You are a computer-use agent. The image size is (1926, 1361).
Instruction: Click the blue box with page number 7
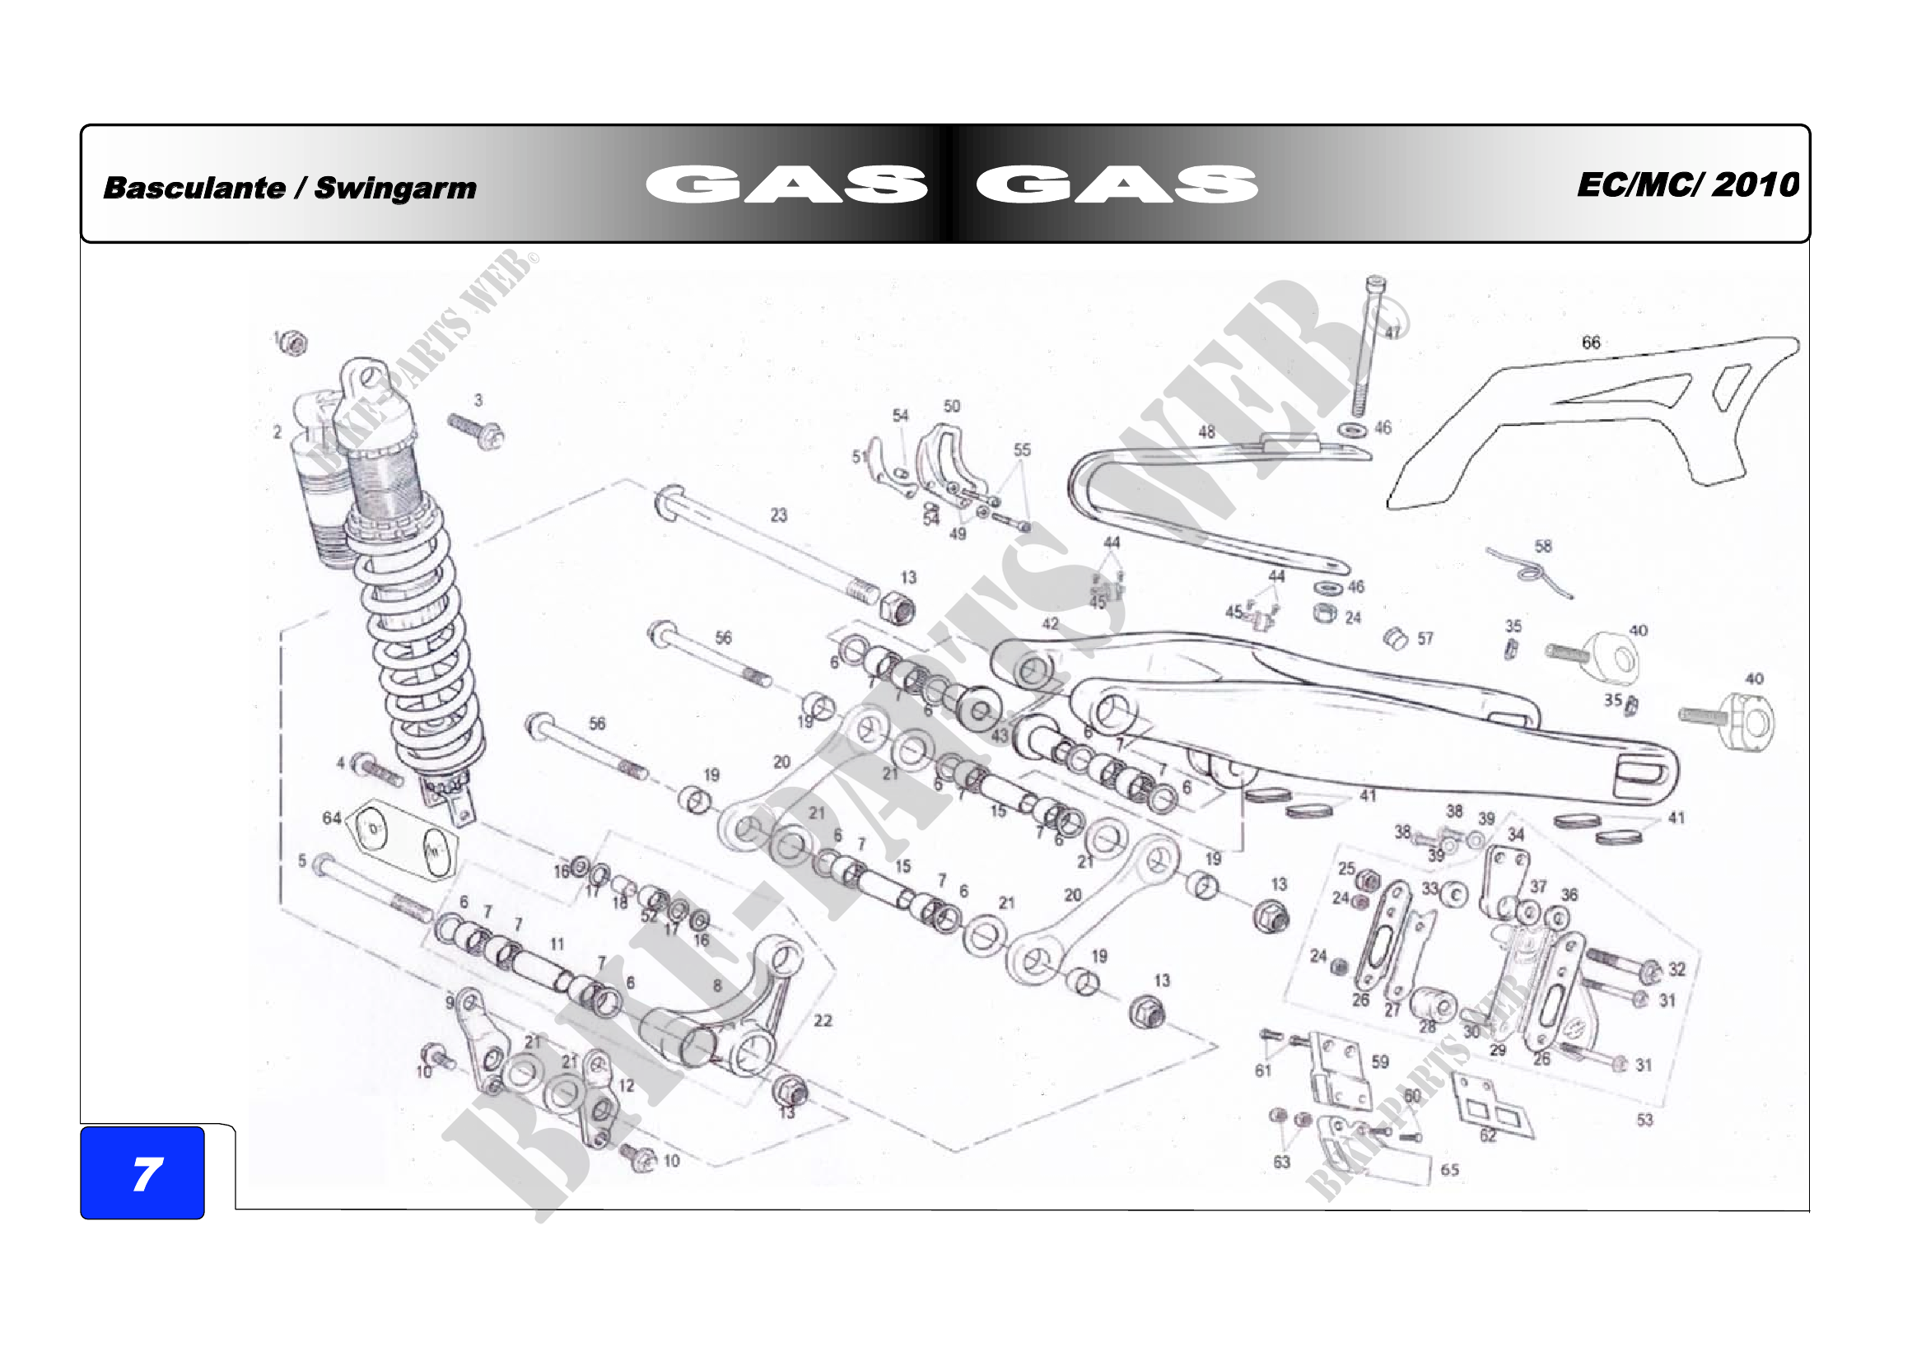[x=142, y=1172]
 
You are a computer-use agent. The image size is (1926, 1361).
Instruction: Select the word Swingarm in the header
[x=395, y=188]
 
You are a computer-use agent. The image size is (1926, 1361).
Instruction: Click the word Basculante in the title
[x=194, y=187]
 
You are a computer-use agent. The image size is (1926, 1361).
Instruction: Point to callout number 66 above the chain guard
[x=1591, y=343]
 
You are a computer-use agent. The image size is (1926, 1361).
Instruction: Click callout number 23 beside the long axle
[x=778, y=515]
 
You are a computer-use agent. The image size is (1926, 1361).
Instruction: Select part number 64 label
[x=331, y=818]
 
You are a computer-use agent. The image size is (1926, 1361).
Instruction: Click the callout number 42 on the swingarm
[x=1050, y=624]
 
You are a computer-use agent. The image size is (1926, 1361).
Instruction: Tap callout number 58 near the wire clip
[x=1542, y=546]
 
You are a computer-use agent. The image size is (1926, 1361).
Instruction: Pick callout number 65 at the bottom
[x=1449, y=1170]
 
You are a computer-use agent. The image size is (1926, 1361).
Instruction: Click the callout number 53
[x=1644, y=1120]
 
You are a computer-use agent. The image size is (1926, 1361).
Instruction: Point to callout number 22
[x=823, y=1020]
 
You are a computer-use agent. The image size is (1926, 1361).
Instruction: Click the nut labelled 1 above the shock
[x=293, y=343]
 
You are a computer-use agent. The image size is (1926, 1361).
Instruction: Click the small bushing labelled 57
[x=1395, y=638]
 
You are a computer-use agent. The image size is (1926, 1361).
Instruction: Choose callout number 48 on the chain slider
[x=1206, y=432]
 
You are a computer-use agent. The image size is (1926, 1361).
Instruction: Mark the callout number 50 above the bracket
[x=951, y=406]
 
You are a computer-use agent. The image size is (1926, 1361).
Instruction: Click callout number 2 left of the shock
[x=277, y=432]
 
